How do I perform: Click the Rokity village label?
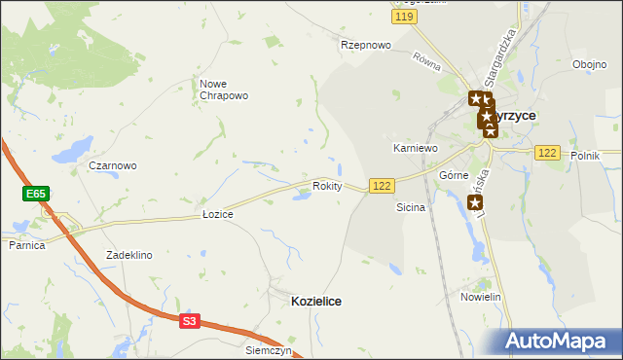[x=327, y=186]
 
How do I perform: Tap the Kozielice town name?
[x=316, y=302]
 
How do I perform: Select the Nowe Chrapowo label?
[x=224, y=90]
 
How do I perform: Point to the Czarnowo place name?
[x=113, y=165]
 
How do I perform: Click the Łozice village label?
[x=217, y=214]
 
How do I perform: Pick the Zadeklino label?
[x=129, y=255]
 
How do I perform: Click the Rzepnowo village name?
[x=365, y=45]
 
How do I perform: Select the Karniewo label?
[x=416, y=148]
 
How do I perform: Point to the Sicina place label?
[x=411, y=208]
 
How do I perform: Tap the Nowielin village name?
[x=481, y=297]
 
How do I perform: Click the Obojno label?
[x=589, y=65]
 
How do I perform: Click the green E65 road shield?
[x=36, y=195]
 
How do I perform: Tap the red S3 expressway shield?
[x=189, y=321]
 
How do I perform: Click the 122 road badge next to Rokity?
[x=382, y=185]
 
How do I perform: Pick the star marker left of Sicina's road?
[x=475, y=203]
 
